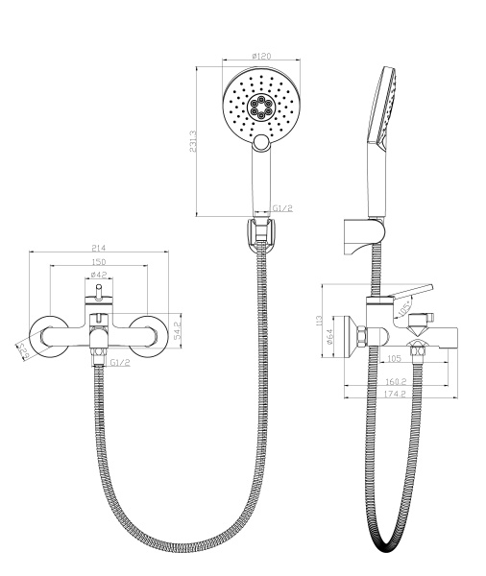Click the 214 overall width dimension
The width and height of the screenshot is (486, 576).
[x=99, y=248]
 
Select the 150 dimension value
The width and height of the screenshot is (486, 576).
[x=99, y=262]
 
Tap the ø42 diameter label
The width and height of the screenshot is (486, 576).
[x=98, y=277]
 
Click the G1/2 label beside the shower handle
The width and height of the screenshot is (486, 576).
[x=281, y=208]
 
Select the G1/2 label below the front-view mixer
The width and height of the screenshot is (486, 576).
[x=120, y=363]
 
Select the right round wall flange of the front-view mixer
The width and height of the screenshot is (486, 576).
[x=150, y=330]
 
